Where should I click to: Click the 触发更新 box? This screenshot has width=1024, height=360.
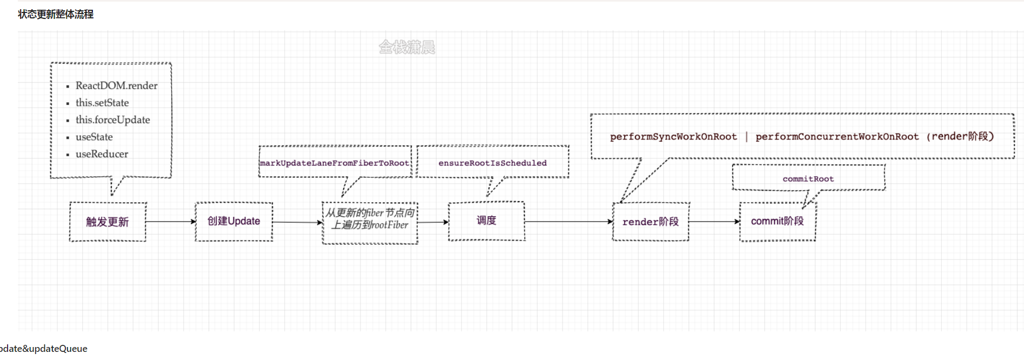(x=108, y=222)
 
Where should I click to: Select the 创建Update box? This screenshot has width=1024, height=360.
(x=233, y=221)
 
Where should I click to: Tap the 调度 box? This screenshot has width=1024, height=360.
(x=486, y=221)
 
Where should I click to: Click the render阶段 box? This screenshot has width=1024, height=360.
(x=651, y=222)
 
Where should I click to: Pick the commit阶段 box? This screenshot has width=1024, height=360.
(x=777, y=221)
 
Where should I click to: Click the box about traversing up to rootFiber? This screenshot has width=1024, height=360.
(x=370, y=219)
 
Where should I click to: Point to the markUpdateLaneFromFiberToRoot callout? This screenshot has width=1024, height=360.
(x=334, y=163)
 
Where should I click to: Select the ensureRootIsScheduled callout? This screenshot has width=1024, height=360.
(x=492, y=163)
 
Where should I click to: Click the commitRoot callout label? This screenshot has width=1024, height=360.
(x=808, y=179)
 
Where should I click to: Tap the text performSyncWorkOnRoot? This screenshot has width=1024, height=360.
(x=673, y=137)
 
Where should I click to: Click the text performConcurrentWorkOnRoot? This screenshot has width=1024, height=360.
(x=837, y=137)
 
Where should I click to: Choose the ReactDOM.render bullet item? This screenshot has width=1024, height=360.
(x=116, y=85)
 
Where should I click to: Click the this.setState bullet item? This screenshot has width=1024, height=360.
(x=102, y=103)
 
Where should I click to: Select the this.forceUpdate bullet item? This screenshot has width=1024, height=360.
(x=112, y=120)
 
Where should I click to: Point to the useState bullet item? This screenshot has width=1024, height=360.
(x=94, y=137)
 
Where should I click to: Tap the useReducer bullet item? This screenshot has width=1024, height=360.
(x=102, y=154)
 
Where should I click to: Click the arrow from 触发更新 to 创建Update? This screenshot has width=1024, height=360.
(x=170, y=222)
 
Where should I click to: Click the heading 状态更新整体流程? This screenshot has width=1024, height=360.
(x=56, y=15)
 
